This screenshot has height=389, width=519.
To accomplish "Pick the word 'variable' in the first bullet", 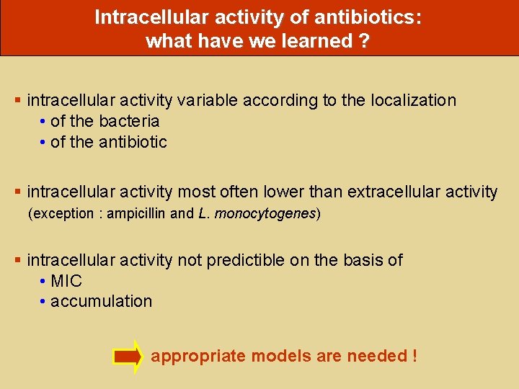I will click(208, 100).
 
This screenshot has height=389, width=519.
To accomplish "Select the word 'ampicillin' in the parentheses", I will click(136, 213).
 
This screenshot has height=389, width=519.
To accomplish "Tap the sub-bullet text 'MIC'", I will click(66, 281).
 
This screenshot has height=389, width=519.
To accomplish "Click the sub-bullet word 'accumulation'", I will click(102, 301).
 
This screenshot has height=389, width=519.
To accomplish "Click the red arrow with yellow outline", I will click(128, 357).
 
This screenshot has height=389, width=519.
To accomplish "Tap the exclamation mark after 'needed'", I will click(414, 356).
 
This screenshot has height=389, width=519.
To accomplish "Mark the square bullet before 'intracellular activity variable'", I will click(19, 101).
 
